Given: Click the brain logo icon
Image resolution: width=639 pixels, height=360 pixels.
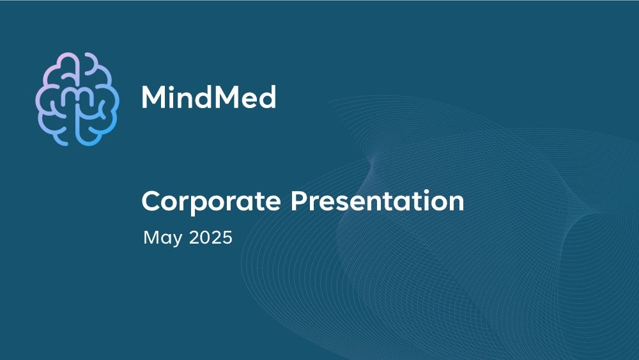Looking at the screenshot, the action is coord(77,99).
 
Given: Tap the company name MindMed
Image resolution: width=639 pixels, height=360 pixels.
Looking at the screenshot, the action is coord(209,97).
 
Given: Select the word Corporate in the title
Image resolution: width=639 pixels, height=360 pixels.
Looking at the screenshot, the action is coord(211,202).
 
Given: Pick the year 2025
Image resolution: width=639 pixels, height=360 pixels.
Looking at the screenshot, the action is coord(211,237).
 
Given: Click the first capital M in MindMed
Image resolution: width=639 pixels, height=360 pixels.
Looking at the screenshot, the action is coord(153,97).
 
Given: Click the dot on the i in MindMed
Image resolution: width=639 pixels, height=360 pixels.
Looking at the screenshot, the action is coord(171,87).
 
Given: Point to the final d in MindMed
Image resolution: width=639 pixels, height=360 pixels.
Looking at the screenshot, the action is coord(268,97).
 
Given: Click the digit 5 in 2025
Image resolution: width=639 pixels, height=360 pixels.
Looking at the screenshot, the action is coord(227,237).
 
